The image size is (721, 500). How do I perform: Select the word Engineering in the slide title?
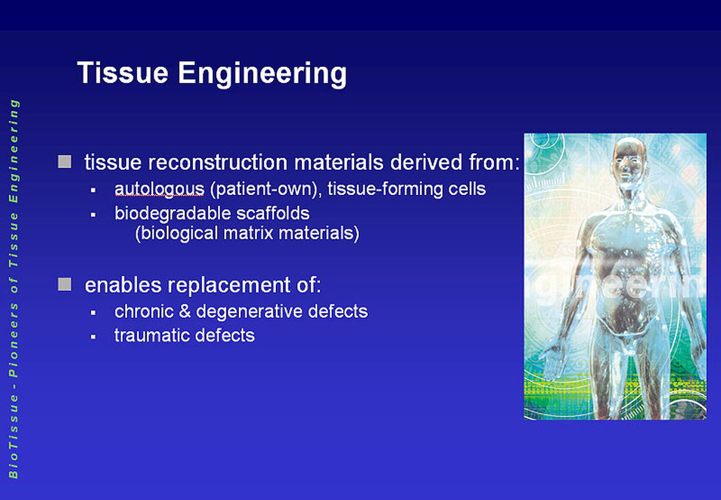(263, 75)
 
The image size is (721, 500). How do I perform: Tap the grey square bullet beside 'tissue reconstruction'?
(64, 161)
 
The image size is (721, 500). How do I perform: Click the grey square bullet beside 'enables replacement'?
(64, 285)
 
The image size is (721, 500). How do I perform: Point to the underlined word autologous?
(159, 190)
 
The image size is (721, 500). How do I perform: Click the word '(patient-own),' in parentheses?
(266, 190)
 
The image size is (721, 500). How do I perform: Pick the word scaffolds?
(273, 213)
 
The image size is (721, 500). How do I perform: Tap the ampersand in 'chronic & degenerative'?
(185, 312)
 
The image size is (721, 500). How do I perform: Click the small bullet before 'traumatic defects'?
(93, 337)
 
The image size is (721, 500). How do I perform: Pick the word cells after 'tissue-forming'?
(467, 189)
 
